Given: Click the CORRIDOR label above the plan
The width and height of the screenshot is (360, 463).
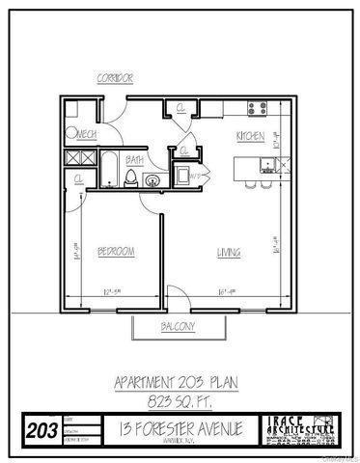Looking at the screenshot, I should [115, 77].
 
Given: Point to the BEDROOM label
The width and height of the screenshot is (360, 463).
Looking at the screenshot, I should [115, 252].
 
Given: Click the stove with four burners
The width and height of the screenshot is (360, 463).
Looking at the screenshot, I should [258, 107].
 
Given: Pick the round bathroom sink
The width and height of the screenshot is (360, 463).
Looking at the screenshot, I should [151, 178].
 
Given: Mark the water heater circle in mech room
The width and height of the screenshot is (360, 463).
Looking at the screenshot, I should [70, 134].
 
